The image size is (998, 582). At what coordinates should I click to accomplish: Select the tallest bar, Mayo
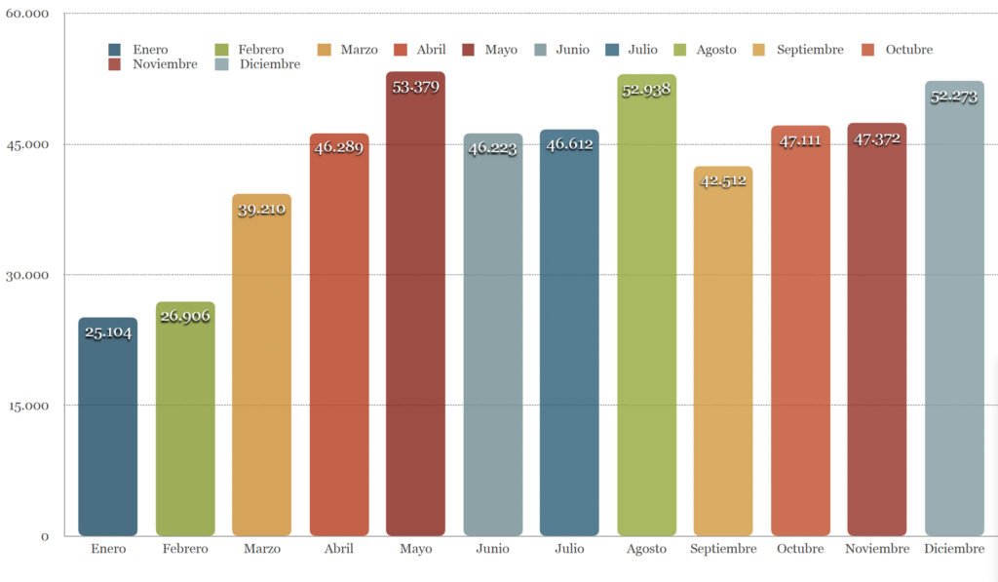click(x=415, y=312)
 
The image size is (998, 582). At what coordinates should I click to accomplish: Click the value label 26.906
click(x=185, y=316)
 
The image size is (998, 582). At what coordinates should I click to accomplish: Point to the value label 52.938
click(x=646, y=92)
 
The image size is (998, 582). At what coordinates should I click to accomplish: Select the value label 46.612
click(x=570, y=144)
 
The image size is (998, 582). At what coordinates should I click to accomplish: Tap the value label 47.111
click(x=800, y=141)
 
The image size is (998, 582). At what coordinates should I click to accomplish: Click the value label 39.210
click(x=261, y=209)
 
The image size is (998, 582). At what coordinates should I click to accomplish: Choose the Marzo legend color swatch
click(x=325, y=50)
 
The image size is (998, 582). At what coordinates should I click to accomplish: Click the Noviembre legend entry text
click(x=165, y=64)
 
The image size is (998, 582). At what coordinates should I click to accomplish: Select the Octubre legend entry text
click(x=908, y=50)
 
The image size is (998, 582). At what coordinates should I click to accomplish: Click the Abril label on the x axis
click(x=338, y=549)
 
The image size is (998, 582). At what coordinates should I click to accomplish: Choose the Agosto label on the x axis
click(x=646, y=549)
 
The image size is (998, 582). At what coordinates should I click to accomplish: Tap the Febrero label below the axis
click(x=185, y=549)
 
